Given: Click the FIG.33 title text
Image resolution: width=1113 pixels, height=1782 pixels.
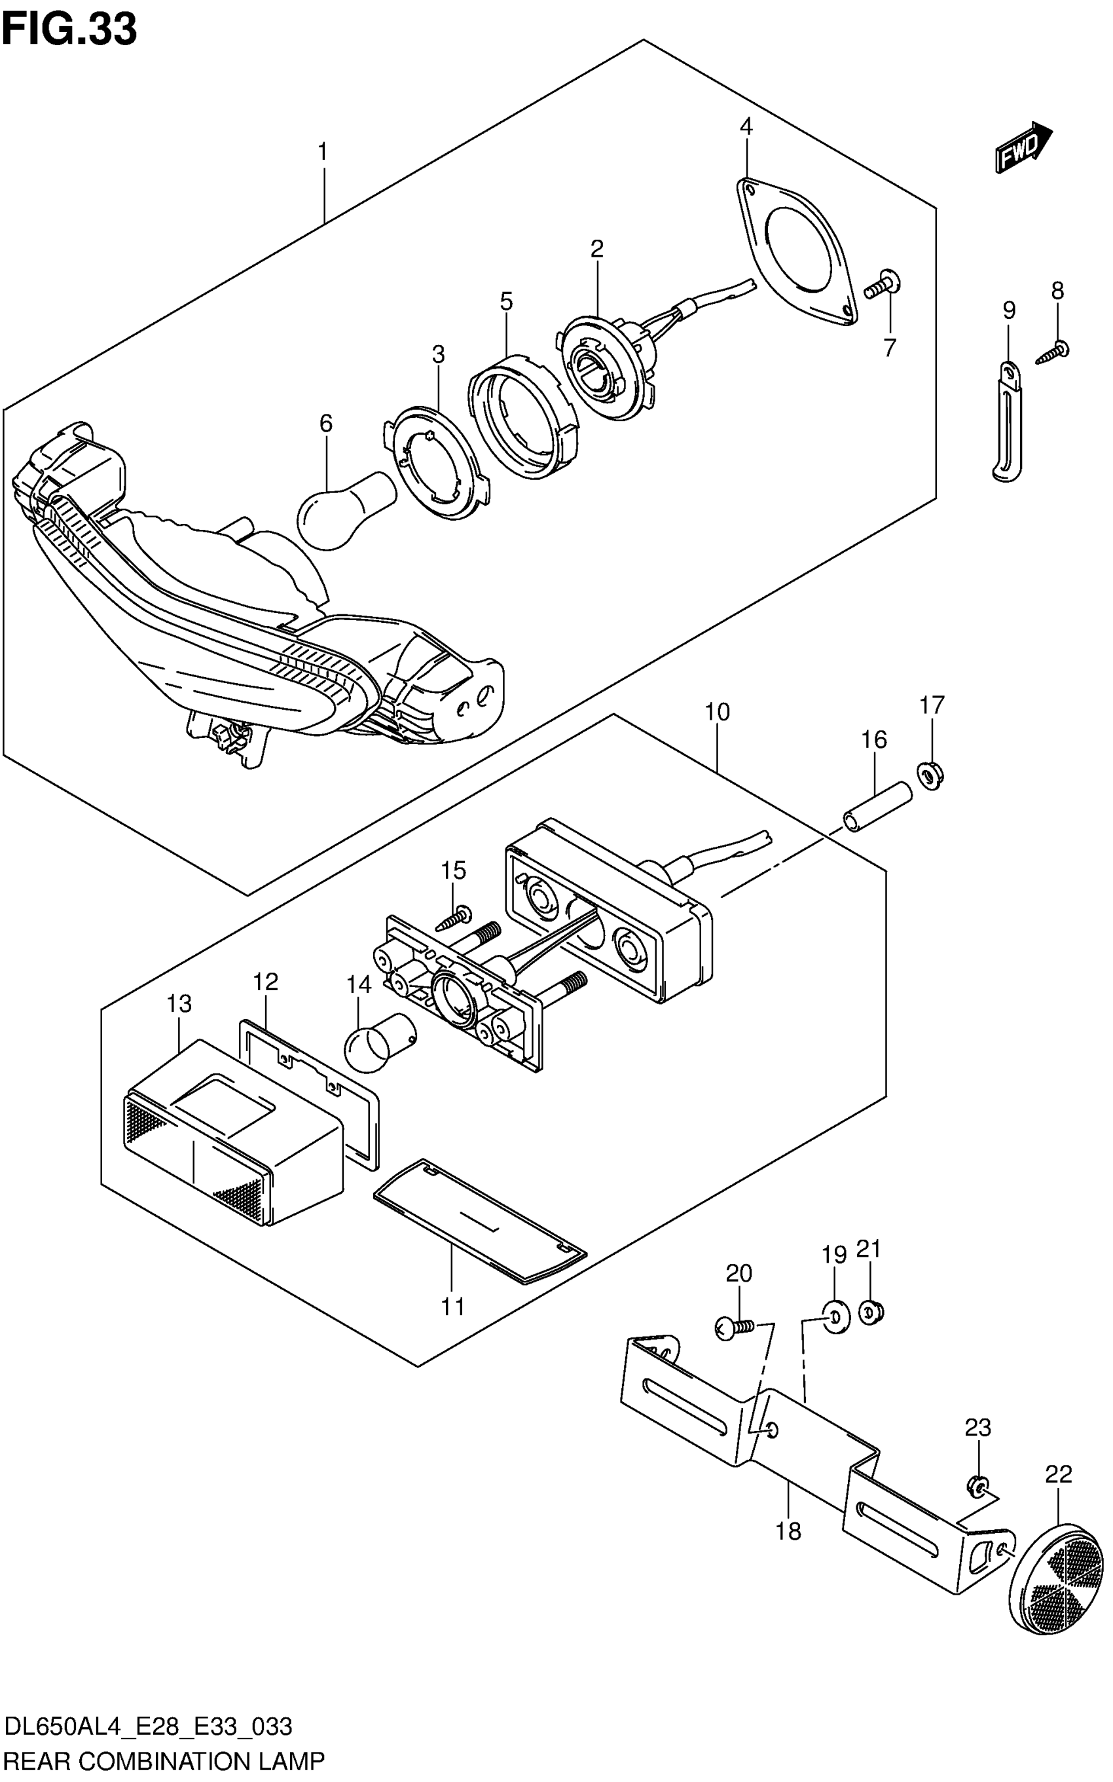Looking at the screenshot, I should [x=69, y=29].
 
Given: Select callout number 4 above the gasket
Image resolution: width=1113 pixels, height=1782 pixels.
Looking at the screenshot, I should [x=746, y=126].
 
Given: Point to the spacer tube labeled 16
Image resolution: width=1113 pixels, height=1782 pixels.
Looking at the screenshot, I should [x=877, y=807].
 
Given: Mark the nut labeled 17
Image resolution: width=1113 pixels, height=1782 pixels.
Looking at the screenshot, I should [x=932, y=775].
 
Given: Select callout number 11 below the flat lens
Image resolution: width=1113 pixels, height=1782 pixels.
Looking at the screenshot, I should [x=452, y=1307].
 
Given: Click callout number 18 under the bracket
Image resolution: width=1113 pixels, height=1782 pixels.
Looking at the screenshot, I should [x=788, y=1529].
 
